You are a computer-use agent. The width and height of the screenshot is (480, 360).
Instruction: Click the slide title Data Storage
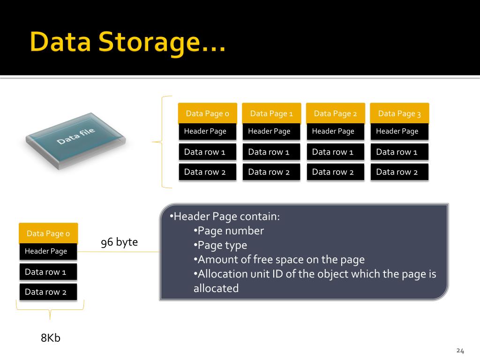coord(127,42)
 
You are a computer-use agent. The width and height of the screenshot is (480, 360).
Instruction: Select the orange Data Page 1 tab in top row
coord(271,113)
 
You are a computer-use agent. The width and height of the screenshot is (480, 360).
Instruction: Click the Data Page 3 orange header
coord(399,113)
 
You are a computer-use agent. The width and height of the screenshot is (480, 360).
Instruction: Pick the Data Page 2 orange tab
coord(335,113)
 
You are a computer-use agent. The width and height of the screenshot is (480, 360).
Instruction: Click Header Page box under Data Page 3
coord(399,131)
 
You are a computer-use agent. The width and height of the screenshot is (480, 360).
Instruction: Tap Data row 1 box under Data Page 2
coord(335,152)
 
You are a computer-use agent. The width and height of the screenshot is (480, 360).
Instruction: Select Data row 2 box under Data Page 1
coord(271,172)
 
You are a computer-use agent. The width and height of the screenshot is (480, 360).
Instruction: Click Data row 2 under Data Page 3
coord(399,172)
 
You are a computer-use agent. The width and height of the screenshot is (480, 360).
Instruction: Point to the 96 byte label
coord(120,242)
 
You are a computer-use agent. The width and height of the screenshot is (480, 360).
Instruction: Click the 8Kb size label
coord(51,337)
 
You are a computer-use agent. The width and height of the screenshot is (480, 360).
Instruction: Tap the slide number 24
coord(460,351)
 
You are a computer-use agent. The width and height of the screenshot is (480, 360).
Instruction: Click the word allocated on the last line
coord(216,288)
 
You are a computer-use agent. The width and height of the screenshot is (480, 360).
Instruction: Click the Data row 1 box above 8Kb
coord(48,272)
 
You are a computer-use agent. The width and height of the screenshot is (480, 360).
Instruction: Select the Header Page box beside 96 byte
coord(48,251)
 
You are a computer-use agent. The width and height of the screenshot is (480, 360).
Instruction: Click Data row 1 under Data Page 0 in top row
coord(207,152)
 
